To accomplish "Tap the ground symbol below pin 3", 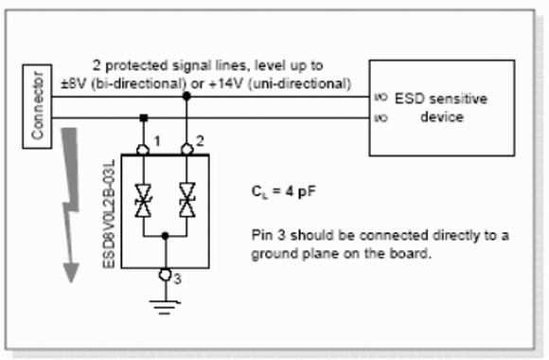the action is pyautogui.click(x=165, y=307).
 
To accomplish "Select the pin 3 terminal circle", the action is pyautogui.click(x=166, y=275).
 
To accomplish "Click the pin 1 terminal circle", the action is pyautogui.click(x=143, y=150).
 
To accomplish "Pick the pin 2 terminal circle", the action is pyautogui.click(x=187, y=150).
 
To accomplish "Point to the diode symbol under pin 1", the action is pyautogui.click(x=143, y=201).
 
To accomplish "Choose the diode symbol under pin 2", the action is pyautogui.click(x=187, y=200).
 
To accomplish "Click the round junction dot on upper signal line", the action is pyautogui.click(x=187, y=96).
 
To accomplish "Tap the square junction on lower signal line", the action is pyautogui.click(x=143, y=117).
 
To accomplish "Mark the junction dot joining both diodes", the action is pyautogui.click(x=166, y=236).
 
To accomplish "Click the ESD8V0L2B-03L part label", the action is pyautogui.click(x=109, y=214).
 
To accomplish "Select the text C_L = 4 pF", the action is pyautogui.click(x=283, y=192).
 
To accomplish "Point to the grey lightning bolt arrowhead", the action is pyautogui.click(x=71, y=273).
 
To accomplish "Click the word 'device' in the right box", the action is pyautogui.click(x=442, y=117).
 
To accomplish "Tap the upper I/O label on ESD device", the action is pyautogui.click(x=381, y=97).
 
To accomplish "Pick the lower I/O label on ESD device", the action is pyautogui.click(x=381, y=117).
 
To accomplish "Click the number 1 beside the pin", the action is pyautogui.click(x=157, y=141).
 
